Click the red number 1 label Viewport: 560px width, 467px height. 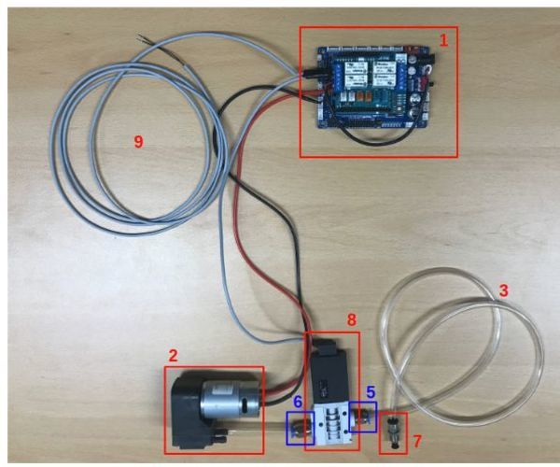444,40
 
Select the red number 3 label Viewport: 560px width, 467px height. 503,290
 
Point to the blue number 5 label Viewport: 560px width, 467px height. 370,392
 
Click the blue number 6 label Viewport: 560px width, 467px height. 297,400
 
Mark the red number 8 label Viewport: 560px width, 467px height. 351,318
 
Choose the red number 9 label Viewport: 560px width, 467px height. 138,140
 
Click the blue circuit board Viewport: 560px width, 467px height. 369,84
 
